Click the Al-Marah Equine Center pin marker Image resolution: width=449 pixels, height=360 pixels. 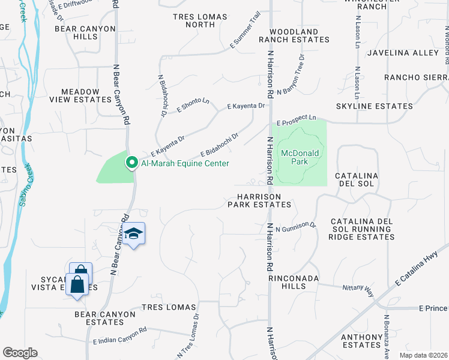point(131,163)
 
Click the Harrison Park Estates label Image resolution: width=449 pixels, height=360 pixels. point(259,200)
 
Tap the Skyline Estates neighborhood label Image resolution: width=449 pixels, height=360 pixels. point(374,106)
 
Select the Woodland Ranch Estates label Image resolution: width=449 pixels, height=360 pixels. point(294,35)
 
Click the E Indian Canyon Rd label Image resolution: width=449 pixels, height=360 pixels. point(120,336)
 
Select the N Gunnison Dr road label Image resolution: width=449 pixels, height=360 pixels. point(295,226)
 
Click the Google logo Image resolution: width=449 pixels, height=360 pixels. point(20,353)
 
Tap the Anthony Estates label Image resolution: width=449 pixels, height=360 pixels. point(361,341)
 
